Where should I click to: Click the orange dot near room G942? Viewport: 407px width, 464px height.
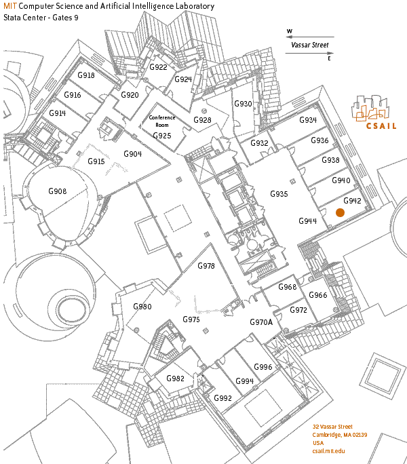pos(341,212)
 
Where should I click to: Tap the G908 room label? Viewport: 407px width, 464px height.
pos(58,192)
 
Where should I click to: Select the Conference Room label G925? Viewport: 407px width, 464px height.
pos(162,136)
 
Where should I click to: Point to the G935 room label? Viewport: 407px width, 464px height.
pos(279,194)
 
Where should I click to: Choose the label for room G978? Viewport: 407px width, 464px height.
pos(206,266)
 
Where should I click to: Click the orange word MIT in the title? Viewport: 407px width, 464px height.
pos(10,6)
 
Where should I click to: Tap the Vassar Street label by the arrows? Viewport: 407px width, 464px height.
pos(309,45)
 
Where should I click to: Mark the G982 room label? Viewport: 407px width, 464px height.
pos(176,379)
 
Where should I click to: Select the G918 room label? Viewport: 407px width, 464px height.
pos(86,75)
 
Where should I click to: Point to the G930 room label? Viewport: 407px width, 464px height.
pos(243,104)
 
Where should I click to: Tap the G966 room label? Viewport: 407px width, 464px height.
pos(318,295)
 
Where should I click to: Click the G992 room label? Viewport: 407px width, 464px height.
pos(222,398)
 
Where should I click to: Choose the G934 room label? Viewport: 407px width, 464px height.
pos(308,120)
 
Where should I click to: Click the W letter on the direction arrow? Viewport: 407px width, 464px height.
pos(290,31)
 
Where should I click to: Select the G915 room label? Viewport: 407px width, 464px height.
pos(96,161)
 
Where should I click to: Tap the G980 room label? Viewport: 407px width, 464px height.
pos(142,307)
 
